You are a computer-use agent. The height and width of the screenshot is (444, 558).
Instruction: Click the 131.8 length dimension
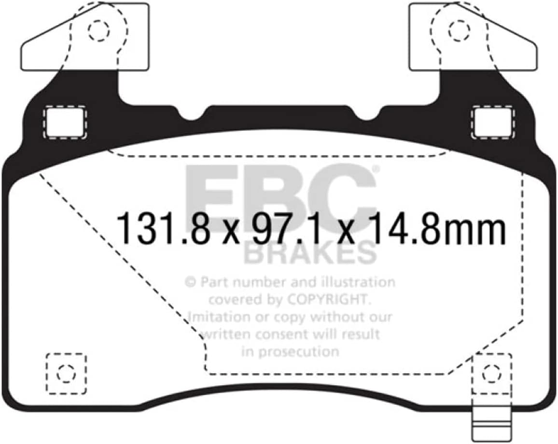pos(163,229)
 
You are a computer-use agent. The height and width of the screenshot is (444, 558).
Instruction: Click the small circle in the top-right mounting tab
pos(456,30)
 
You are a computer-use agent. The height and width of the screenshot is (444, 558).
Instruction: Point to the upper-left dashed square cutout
pos(65,122)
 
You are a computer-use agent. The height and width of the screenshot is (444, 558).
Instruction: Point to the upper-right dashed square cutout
pos(492,122)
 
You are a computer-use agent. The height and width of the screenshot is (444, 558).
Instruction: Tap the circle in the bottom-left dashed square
pos(66,373)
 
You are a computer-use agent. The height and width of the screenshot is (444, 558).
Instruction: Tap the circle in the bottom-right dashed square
pos(491,373)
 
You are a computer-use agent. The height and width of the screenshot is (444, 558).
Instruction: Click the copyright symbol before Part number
pos(190,282)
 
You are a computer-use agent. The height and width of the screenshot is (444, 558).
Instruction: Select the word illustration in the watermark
pos(360,282)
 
